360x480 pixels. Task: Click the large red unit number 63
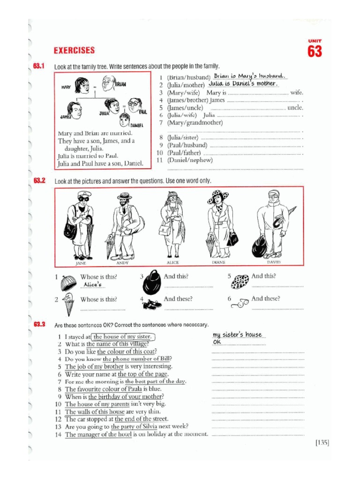(x=315, y=51)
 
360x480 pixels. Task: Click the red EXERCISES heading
(x=74, y=50)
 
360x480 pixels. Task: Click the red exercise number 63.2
(x=39, y=180)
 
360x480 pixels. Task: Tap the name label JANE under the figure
(x=81, y=263)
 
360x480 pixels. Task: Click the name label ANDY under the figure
(x=123, y=263)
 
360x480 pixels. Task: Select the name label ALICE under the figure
(x=173, y=263)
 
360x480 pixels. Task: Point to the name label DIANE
(x=219, y=263)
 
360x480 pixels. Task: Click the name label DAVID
(x=274, y=263)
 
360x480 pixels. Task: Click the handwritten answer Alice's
(x=92, y=285)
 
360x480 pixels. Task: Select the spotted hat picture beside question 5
(x=241, y=281)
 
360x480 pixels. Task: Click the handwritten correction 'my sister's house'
(x=237, y=335)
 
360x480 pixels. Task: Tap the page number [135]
(x=322, y=442)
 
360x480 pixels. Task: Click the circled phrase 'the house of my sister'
(x=123, y=337)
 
